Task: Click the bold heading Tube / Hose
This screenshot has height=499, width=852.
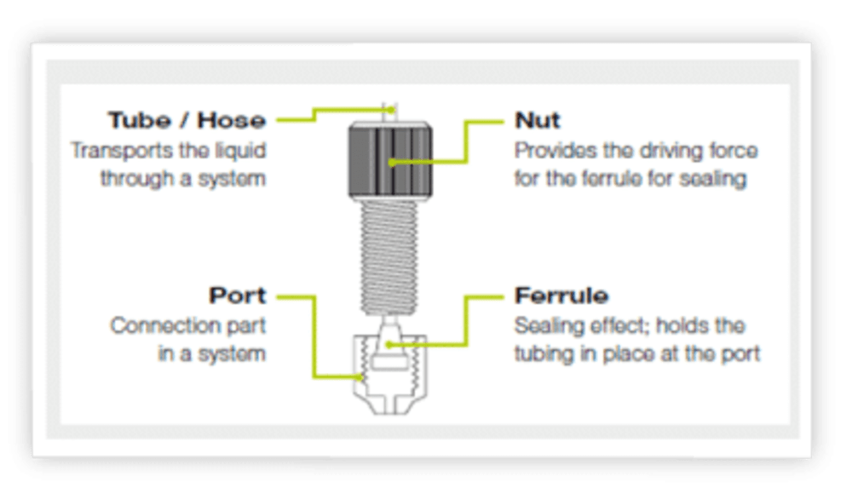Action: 187,120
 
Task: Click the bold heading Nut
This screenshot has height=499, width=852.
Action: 538,120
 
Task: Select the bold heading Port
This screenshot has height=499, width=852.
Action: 238,295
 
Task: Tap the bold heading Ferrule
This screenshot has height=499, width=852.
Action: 561,295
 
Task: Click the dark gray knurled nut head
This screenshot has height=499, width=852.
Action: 390,160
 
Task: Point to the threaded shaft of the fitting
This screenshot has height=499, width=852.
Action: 389,257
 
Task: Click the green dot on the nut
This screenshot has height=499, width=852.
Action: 392,163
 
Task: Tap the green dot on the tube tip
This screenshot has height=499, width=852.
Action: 392,110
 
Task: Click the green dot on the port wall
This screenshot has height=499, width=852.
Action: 360,377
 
